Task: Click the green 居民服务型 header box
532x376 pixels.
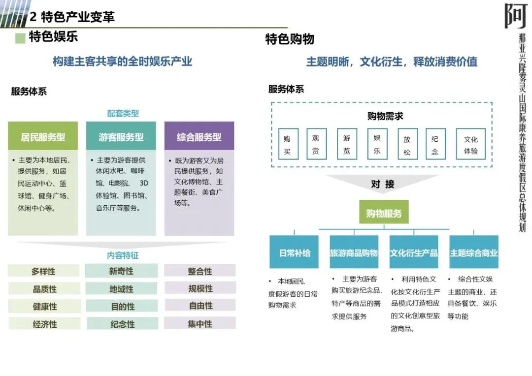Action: [43, 136]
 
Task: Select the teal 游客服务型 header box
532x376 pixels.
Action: [121, 136]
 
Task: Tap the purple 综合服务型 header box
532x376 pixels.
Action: [199, 136]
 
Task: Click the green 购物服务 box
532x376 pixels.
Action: [384, 213]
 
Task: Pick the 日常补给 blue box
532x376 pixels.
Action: [295, 252]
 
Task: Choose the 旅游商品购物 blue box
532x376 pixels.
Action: [354, 252]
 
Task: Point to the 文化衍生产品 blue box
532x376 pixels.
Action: [414, 252]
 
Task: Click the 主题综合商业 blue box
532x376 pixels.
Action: [473, 252]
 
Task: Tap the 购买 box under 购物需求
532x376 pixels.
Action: [287, 145]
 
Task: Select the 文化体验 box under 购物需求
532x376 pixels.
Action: [470, 145]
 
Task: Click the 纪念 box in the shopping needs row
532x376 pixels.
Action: [435, 145]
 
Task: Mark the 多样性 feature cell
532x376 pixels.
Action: [43, 271]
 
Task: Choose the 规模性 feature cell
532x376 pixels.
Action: [200, 288]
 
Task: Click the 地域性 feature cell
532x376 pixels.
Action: [122, 289]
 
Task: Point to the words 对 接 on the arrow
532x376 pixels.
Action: [383, 184]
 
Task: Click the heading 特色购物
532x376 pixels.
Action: [290, 39]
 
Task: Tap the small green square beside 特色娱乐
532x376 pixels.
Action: [20, 38]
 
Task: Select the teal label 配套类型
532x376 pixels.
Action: [123, 113]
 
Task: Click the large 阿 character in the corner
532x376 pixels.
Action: [516, 16]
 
